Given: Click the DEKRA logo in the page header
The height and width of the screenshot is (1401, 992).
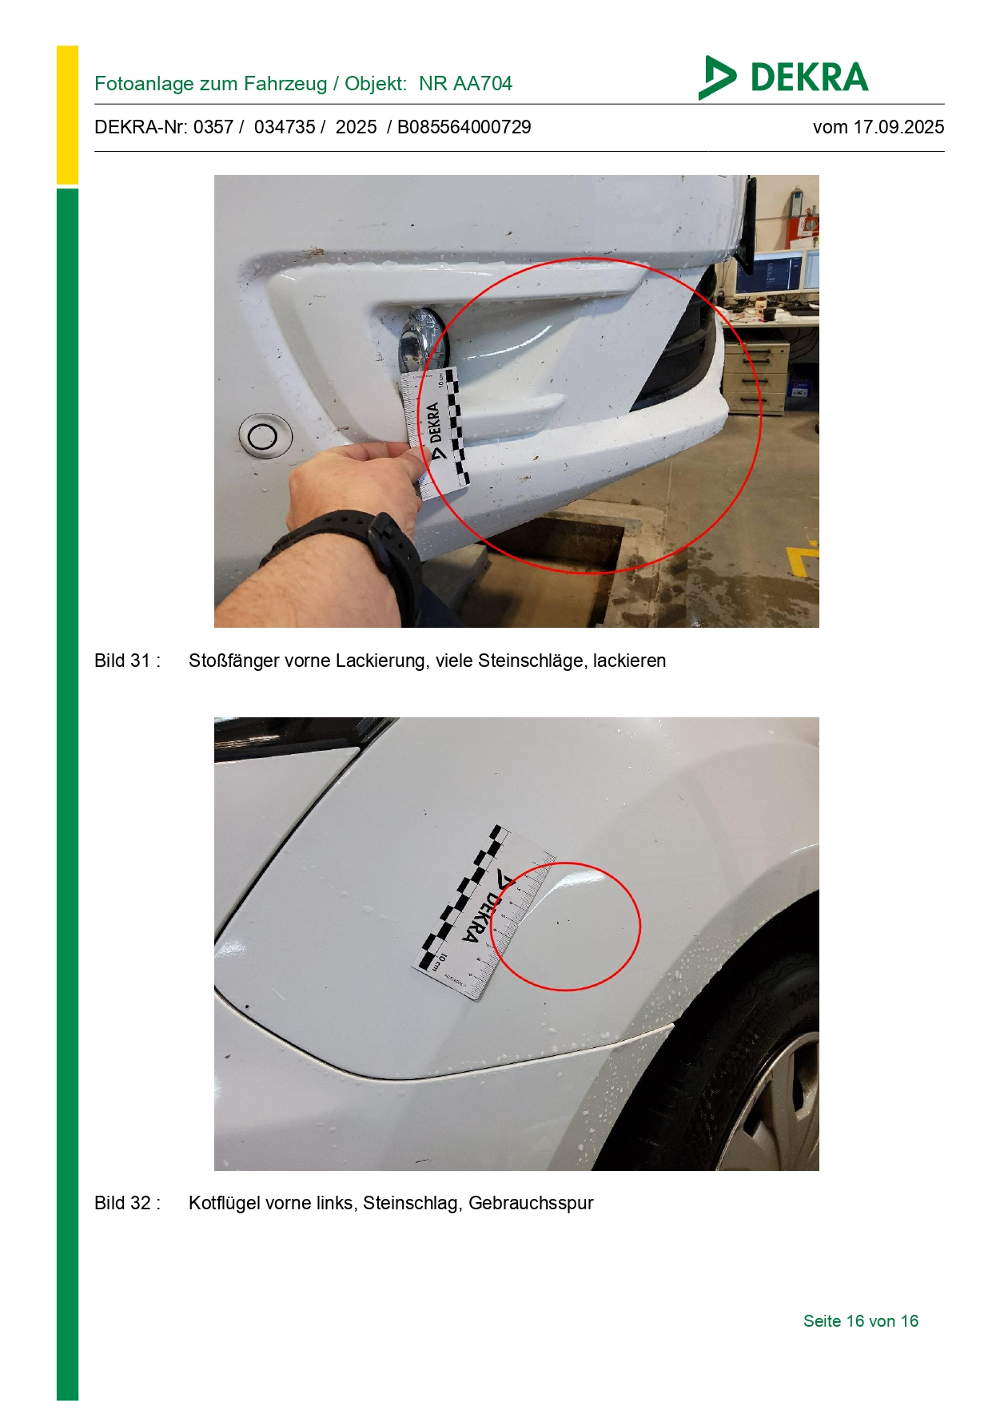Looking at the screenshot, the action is (x=783, y=77).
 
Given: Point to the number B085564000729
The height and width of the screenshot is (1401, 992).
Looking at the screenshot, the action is (x=464, y=127).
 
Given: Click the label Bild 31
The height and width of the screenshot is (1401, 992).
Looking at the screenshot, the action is (x=123, y=661).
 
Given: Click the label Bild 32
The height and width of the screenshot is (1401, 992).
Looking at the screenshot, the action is (x=123, y=1203).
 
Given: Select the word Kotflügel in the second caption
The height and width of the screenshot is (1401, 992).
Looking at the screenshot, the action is (x=225, y=1203).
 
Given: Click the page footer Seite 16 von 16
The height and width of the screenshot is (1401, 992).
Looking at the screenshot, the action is (x=861, y=1321).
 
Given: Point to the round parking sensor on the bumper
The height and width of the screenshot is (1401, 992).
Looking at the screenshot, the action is (x=264, y=436).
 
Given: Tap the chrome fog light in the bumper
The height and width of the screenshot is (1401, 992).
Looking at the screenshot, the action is (x=424, y=343).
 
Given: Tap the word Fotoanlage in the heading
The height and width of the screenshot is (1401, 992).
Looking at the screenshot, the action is (x=131, y=84).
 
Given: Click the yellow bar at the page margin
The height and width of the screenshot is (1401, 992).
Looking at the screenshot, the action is (x=67, y=116).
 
